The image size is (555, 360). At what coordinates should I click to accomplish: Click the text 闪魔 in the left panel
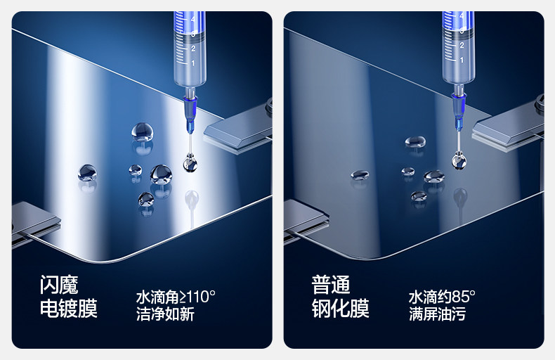click(59, 285)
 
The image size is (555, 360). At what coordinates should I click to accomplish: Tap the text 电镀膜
click(68, 308)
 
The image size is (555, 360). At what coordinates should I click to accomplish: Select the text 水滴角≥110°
click(176, 297)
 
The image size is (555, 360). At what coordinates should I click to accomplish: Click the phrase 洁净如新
click(165, 314)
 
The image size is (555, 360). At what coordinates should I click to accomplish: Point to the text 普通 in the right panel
click(331, 285)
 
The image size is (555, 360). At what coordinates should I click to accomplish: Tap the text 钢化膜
click(340, 308)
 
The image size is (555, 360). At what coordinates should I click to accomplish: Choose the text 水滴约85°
click(442, 297)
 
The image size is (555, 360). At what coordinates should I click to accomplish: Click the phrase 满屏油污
click(437, 314)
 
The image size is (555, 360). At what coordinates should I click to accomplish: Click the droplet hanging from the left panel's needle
click(190, 163)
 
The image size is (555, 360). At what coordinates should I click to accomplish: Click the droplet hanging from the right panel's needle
click(459, 160)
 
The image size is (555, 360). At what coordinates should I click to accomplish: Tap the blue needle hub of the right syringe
click(459, 110)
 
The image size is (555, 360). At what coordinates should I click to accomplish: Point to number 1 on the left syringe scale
click(193, 63)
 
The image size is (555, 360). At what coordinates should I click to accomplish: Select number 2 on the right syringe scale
click(462, 46)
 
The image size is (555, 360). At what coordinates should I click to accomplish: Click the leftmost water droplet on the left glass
click(87, 172)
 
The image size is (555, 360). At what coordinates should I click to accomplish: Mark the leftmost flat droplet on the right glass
click(360, 174)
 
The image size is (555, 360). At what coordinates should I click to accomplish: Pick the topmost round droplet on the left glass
click(143, 131)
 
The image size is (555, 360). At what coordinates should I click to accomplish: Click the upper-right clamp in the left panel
click(238, 127)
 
